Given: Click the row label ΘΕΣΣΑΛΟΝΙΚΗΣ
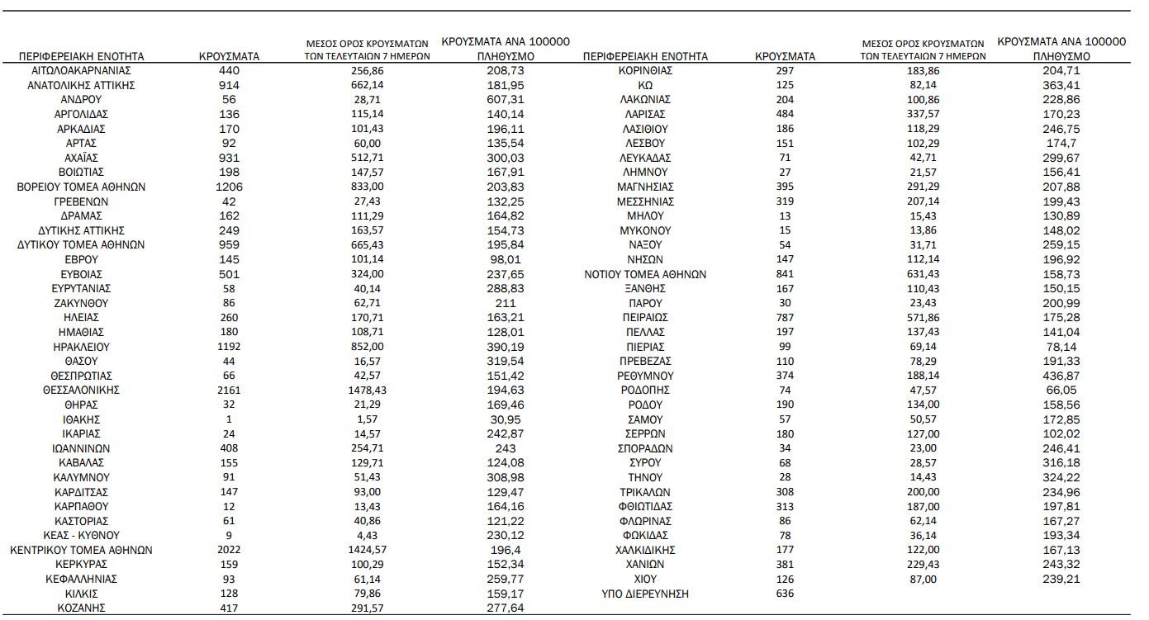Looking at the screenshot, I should (x=81, y=390).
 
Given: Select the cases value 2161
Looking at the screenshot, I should (x=229, y=390).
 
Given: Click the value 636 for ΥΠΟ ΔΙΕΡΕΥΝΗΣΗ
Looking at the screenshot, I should (x=785, y=594).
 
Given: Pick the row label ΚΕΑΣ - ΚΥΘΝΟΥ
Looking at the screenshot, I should (x=81, y=535).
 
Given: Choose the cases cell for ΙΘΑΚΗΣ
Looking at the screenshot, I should (x=229, y=419).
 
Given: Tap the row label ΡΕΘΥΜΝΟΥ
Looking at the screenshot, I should (x=645, y=376).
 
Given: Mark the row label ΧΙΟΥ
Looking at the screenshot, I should (x=645, y=580).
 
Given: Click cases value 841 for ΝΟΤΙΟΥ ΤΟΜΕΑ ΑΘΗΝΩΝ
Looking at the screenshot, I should (x=785, y=275).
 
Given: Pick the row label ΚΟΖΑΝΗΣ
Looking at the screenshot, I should (x=81, y=608).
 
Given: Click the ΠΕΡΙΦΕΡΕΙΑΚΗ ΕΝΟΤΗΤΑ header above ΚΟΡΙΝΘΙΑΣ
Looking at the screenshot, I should (x=645, y=57).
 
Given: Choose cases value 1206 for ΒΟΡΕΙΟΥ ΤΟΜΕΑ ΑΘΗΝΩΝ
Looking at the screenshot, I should (x=229, y=187).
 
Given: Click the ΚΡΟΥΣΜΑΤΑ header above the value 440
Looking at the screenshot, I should (x=230, y=57).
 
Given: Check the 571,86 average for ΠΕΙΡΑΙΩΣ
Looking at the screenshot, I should (x=923, y=318).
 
